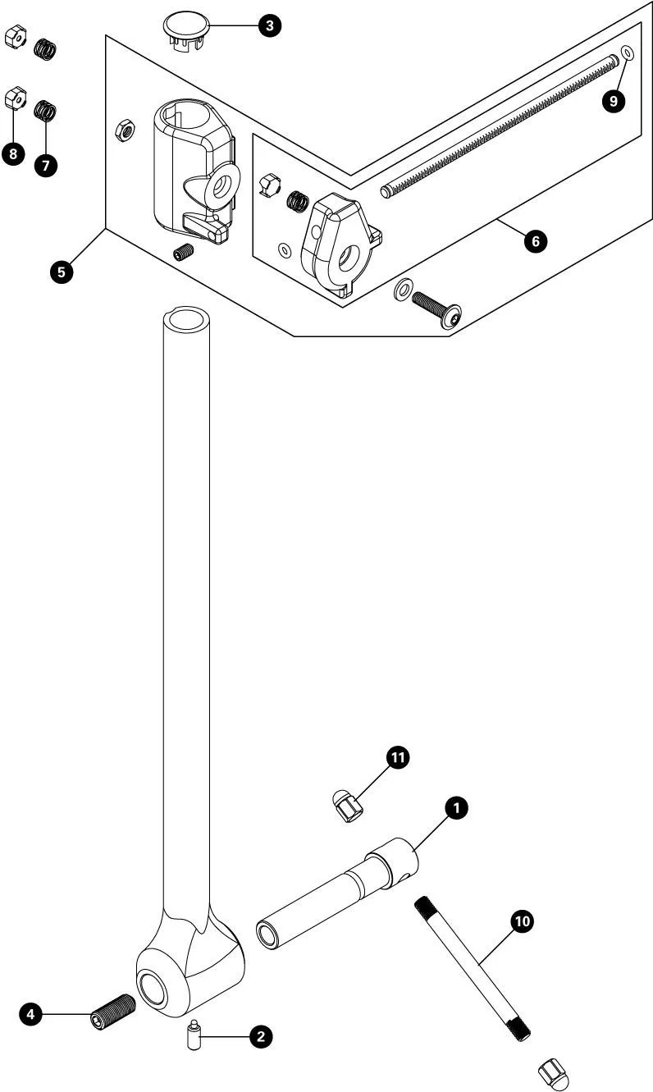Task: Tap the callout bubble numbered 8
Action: (x=13, y=153)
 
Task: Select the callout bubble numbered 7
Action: (x=45, y=164)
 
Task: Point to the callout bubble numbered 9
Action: (x=613, y=101)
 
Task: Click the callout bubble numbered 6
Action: (x=535, y=242)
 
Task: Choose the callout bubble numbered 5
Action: (x=61, y=272)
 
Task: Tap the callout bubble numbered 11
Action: (x=397, y=759)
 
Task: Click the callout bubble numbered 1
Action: (x=455, y=808)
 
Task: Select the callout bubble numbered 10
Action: (x=521, y=921)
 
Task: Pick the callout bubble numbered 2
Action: (x=260, y=1037)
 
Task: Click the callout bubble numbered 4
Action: (x=31, y=1015)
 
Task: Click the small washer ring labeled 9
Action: (x=627, y=53)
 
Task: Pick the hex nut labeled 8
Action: (x=14, y=96)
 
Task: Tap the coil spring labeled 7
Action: (x=45, y=109)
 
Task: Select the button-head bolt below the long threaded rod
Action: (x=436, y=309)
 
